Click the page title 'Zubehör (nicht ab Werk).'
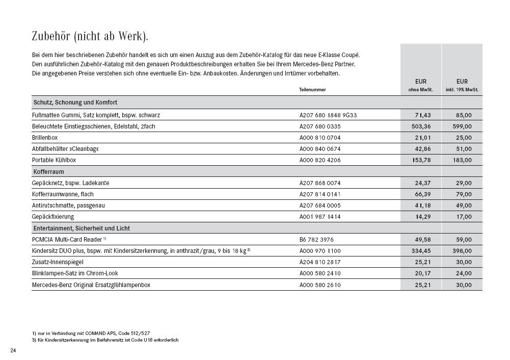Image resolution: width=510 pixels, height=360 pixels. pyautogui.click(x=90, y=36)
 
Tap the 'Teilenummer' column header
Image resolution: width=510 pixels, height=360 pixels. pyautogui.click(x=312, y=90)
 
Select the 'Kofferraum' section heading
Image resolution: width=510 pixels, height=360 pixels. pyautogui.click(x=48, y=172)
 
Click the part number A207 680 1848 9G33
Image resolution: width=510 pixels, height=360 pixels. pyautogui.click(x=328, y=115)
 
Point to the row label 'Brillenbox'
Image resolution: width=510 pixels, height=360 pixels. pyautogui.click(x=45, y=138)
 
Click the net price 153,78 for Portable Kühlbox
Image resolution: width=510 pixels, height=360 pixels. pyautogui.click(x=421, y=160)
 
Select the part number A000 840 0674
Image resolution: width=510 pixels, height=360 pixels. pyautogui.click(x=320, y=149)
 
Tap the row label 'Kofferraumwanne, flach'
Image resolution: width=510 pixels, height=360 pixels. pyautogui.click(x=63, y=194)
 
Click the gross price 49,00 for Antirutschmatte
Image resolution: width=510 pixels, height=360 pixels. pyautogui.click(x=464, y=205)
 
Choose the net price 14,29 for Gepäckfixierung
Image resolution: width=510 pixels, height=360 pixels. pyautogui.click(x=423, y=217)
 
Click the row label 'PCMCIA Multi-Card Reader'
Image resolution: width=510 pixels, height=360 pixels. pyautogui.click(x=67, y=239)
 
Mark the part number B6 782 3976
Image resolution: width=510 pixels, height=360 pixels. pyautogui.click(x=316, y=239)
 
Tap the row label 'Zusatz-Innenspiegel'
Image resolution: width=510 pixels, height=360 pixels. pyautogui.click(x=58, y=262)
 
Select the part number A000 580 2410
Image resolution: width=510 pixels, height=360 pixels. pyautogui.click(x=320, y=273)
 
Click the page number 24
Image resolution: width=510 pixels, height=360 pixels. pyautogui.click(x=13, y=350)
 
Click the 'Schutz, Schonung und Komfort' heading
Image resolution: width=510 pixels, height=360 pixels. pyautogui.click(x=75, y=102)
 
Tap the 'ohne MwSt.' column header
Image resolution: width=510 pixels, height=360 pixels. pyautogui.click(x=420, y=90)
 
